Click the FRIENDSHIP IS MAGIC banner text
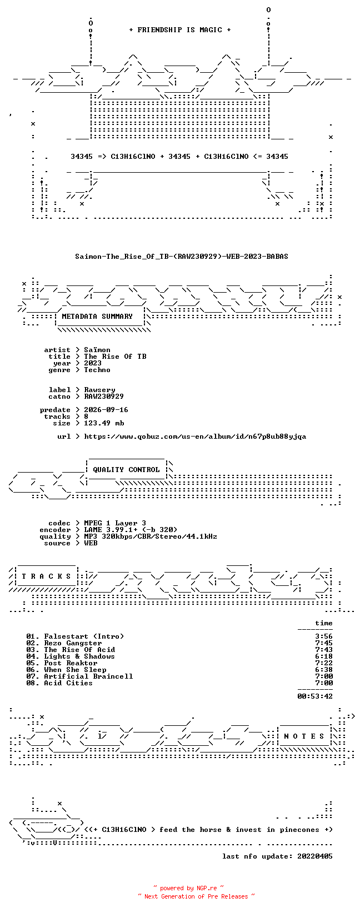(x=180, y=30)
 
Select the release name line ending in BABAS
(x=182, y=257)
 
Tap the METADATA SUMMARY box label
(x=97, y=317)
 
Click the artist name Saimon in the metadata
(x=97, y=350)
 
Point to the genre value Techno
(x=97, y=370)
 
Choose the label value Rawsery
(x=99, y=390)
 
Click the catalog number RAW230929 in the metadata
(x=103, y=396)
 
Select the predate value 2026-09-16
(x=106, y=410)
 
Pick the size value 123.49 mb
(x=104, y=423)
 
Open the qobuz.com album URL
(x=195, y=437)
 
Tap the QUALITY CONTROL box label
(x=126, y=469)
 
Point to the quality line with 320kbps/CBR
(x=151, y=536)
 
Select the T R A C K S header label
(x=46, y=576)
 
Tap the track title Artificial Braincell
(x=88, y=676)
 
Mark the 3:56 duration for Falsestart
(x=324, y=636)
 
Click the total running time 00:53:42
(x=315, y=696)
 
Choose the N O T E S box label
(x=304, y=736)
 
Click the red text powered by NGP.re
(x=188, y=888)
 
